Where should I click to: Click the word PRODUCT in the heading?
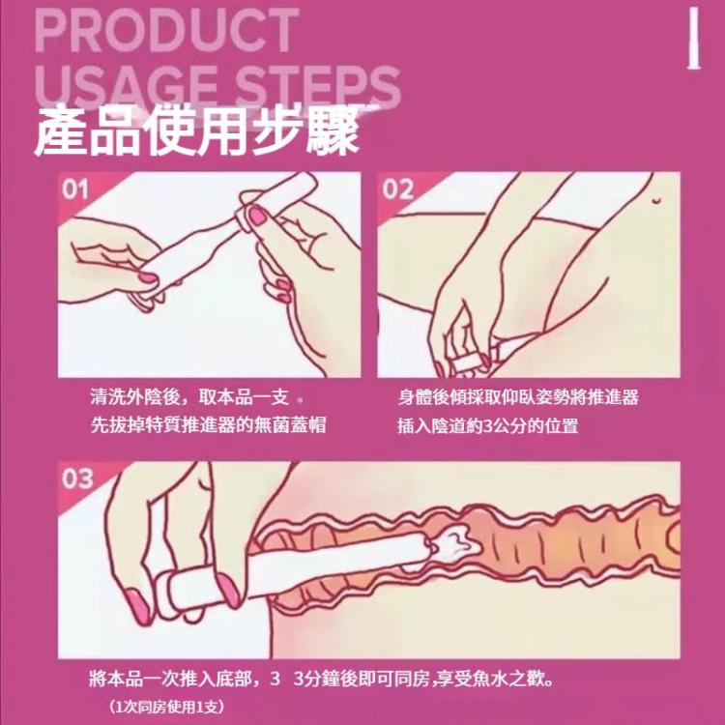[166, 31]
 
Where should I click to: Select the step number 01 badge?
[75, 189]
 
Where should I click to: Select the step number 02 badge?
[397, 189]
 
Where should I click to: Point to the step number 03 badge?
[77, 479]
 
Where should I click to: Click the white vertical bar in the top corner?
[693, 40]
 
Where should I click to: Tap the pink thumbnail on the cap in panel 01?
[257, 216]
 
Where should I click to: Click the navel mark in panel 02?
[656, 200]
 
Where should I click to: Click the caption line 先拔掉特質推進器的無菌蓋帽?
[208, 424]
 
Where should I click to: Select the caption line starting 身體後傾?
[518, 396]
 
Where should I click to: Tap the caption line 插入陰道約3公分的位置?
[488, 425]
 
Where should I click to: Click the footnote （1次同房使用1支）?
[166, 706]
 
